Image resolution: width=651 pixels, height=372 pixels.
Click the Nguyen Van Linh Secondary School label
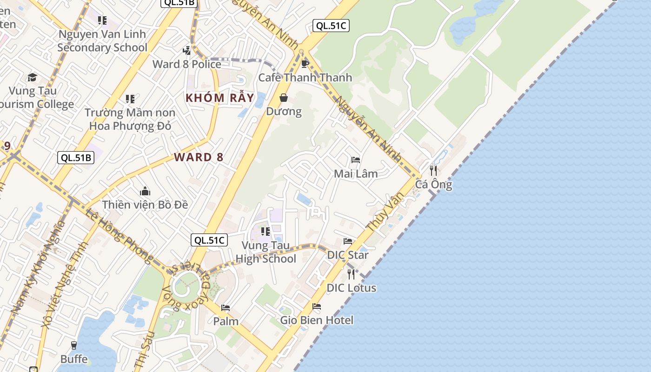point(102,41)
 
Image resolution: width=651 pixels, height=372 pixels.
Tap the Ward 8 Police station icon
point(186,50)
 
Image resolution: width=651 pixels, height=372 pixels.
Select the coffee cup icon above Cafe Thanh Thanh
point(305,64)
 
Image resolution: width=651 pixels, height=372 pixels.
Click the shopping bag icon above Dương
point(283,98)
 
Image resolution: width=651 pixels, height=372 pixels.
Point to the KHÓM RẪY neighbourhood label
point(220,98)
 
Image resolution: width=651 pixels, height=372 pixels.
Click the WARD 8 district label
point(199,157)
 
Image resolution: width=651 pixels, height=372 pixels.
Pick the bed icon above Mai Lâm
point(356,160)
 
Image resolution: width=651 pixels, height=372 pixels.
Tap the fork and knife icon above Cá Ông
point(433,171)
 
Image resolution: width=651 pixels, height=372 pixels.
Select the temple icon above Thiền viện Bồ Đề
point(145,191)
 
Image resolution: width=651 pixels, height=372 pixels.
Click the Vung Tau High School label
point(266,252)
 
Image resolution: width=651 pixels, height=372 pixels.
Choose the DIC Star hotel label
point(348,255)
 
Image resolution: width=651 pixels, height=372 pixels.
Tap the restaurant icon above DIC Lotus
point(351,274)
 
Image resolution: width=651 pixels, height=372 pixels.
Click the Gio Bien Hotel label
point(317,320)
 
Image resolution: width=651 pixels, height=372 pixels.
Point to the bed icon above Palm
point(226,307)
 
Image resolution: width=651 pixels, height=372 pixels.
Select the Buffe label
point(74,359)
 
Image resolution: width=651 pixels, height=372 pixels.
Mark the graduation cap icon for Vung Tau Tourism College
point(32,77)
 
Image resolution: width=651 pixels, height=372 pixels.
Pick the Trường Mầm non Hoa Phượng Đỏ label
point(130,119)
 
